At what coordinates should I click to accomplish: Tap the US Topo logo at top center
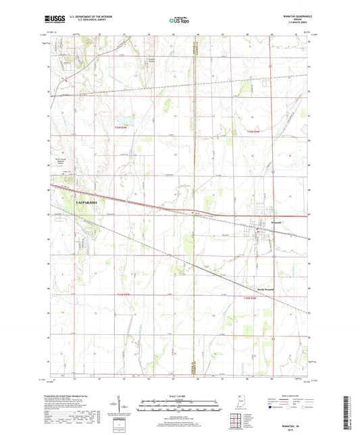click(179, 21)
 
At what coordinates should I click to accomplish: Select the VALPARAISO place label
click(84, 202)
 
